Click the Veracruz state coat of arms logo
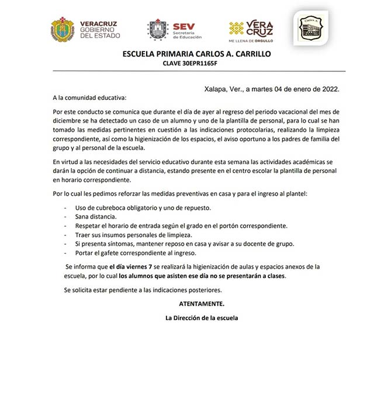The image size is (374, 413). click(62, 29)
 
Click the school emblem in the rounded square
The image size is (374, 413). click(309, 29)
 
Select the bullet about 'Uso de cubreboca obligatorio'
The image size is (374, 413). click(144, 207)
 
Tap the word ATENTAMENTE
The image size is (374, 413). click(201, 304)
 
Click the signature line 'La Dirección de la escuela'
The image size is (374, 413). click(202, 318)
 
